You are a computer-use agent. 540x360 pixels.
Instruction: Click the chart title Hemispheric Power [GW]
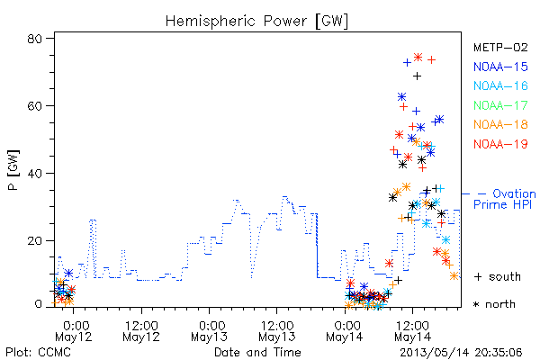pos(256,22)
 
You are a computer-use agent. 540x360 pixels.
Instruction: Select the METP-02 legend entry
pos(500,47)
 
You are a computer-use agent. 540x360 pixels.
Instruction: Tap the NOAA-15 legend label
pos(500,67)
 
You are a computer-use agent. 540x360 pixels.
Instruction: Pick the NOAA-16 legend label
pos(500,85)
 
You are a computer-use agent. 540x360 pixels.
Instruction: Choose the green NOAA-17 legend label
pos(500,105)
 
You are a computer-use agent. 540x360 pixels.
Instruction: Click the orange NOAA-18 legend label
pos(500,124)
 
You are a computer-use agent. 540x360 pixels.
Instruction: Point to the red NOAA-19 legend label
pos(500,144)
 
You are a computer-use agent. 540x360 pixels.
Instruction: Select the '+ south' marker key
pos(498,276)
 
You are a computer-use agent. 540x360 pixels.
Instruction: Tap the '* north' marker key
pos(494,304)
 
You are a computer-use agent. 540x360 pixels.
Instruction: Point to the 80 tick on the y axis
pos(34,38)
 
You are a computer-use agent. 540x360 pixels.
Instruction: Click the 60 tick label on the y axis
pos(34,105)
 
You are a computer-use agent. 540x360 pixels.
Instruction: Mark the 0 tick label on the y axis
pos(38,304)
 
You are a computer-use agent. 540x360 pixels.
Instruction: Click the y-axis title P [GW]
pos(13,170)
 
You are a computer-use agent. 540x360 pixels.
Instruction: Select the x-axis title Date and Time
pos(257,352)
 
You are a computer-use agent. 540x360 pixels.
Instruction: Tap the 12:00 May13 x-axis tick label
pos(277,331)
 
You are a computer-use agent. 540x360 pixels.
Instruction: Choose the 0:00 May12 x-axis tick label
pos(74,331)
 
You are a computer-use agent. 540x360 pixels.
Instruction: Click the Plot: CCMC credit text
pos(39,352)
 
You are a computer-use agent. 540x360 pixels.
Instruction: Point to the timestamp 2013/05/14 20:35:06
pos(461,353)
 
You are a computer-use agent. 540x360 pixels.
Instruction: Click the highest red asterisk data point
pos(418,58)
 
